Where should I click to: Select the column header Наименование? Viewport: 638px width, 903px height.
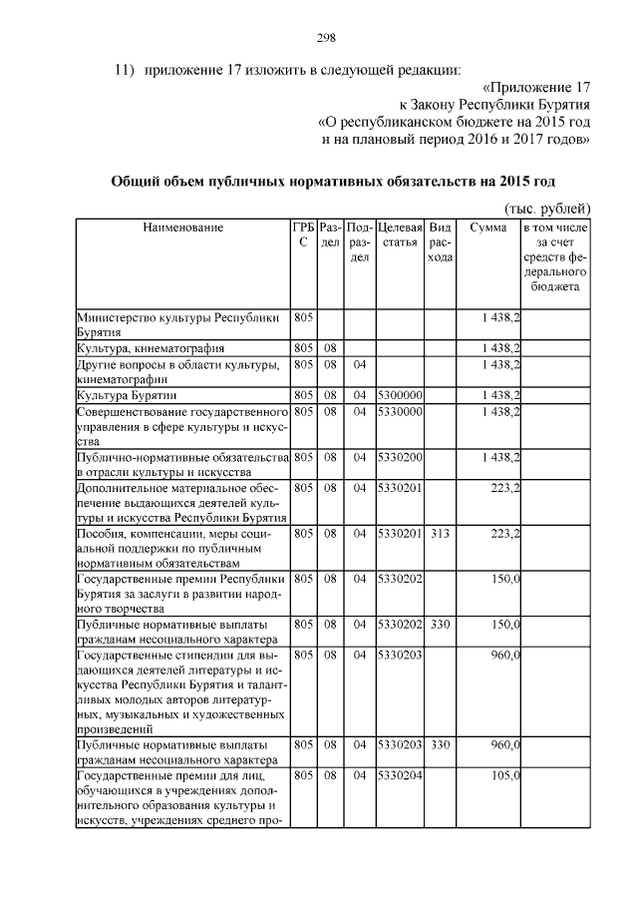(x=183, y=227)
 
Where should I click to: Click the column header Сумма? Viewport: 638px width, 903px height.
(x=488, y=227)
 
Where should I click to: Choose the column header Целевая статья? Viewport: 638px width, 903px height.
(x=401, y=235)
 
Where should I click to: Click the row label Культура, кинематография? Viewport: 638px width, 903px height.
(x=151, y=348)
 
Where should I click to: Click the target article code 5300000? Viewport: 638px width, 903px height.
(x=401, y=395)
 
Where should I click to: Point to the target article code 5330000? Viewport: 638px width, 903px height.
(x=401, y=411)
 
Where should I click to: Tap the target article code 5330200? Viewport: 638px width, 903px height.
(x=401, y=457)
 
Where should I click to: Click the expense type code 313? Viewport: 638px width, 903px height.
(x=440, y=534)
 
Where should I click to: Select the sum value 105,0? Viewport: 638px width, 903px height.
(x=500, y=775)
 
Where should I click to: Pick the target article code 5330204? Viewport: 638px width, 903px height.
(x=401, y=775)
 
